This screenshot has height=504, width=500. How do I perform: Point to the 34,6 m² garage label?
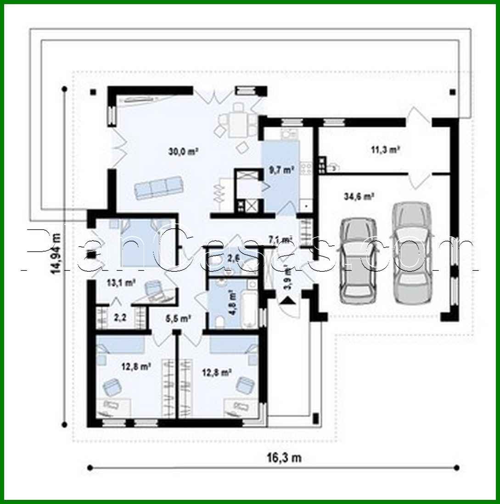[358, 197]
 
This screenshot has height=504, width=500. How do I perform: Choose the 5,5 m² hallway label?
[178, 318]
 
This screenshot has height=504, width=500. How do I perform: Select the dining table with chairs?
[237, 120]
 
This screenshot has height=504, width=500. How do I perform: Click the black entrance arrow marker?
[287, 301]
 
